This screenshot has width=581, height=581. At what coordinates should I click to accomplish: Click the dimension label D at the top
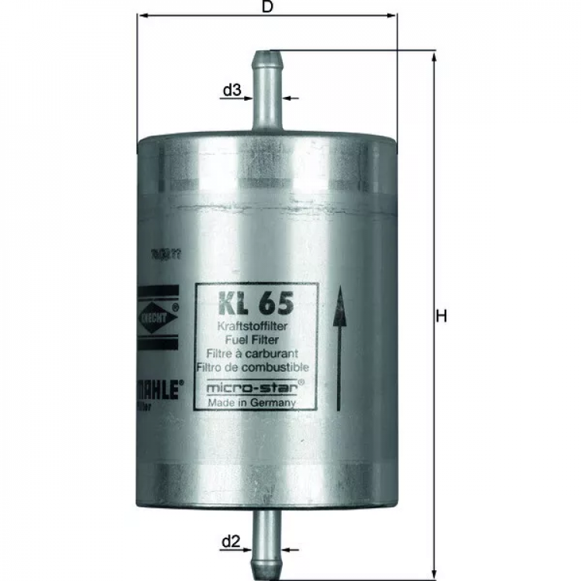(267, 8)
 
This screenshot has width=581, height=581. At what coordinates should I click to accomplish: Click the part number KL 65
(249, 301)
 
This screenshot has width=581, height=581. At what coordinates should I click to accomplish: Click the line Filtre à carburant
(253, 353)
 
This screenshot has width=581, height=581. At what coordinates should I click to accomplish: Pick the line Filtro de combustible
(253, 366)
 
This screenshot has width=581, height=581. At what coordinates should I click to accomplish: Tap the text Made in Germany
(253, 403)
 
